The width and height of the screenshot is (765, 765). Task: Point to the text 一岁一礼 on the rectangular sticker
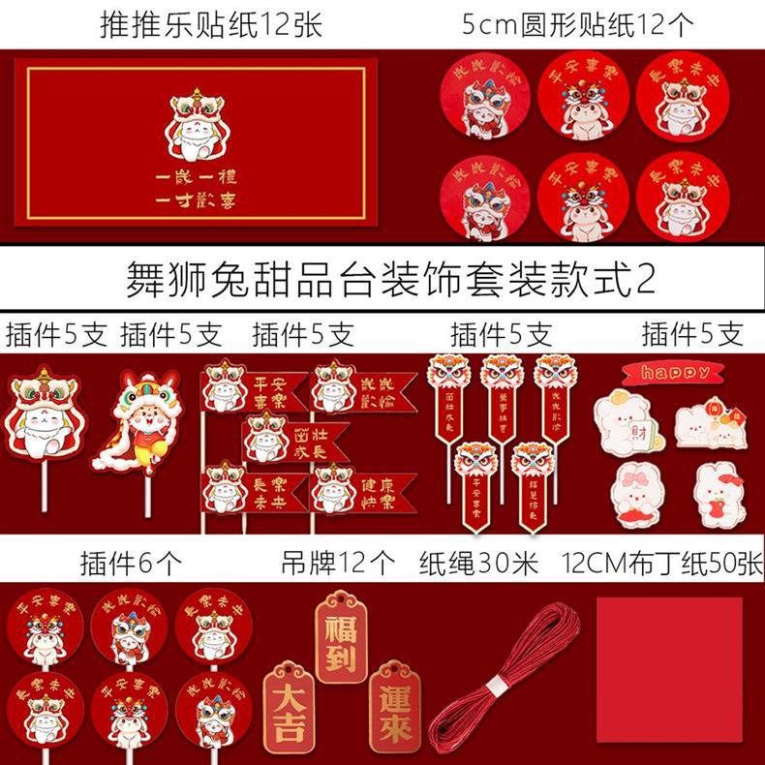(192, 178)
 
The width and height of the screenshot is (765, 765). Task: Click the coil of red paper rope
(504, 678)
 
